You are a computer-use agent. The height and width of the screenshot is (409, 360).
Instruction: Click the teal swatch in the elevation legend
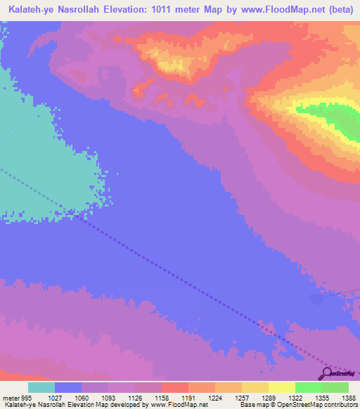pyautogui.click(x=41, y=387)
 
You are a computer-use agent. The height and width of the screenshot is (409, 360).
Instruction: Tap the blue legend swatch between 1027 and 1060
pyautogui.click(x=68, y=387)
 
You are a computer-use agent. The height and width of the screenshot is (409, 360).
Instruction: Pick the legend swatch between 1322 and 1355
pyautogui.click(x=308, y=387)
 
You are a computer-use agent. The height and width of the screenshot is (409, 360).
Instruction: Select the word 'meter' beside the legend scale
pyautogui.click(x=11, y=398)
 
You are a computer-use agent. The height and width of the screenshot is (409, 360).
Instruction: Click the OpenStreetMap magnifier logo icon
pyautogui.click(x=328, y=373)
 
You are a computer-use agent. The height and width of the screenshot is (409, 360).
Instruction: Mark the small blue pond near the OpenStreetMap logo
pyautogui.click(x=317, y=300)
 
